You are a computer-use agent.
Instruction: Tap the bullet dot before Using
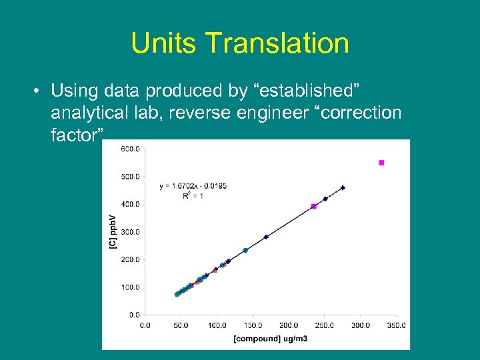tap(39, 90)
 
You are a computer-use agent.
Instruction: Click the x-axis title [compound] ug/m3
tap(270, 339)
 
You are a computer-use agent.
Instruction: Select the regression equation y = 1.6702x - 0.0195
tap(193, 186)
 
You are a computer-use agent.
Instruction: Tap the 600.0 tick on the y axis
tap(130, 149)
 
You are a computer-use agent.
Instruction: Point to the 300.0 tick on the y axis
tap(130, 232)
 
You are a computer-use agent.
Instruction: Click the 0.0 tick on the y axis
tap(133, 315)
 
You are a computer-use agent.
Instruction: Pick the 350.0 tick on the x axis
tap(396, 325)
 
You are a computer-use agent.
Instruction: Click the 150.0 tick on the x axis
tap(253, 325)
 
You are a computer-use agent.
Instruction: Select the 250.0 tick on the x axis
tap(325, 325)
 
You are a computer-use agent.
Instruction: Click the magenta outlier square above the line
tap(381, 163)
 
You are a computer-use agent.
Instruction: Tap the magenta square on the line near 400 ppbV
tap(314, 207)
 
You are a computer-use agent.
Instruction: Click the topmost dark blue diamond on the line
tap(343, 188)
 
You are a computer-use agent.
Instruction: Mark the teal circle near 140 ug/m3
tap(245, 251)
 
